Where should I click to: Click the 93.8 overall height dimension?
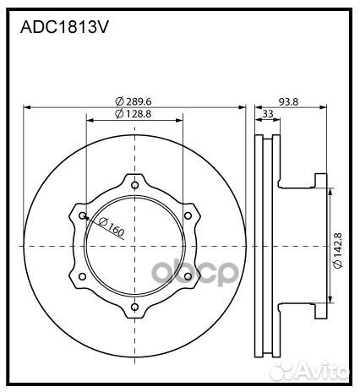(289, 101)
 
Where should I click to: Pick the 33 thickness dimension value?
(267, 114)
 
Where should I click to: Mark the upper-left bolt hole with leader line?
(82, 215)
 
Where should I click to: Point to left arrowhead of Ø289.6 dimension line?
(27, 107)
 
